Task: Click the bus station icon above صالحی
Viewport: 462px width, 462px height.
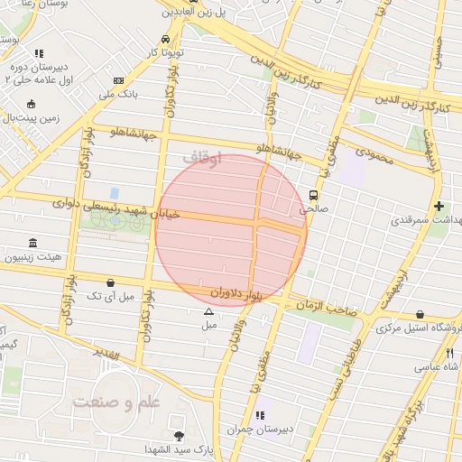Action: click(314, 195)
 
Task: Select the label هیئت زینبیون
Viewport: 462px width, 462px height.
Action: click(32, 257)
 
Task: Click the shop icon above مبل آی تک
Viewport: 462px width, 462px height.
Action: click(110, 282)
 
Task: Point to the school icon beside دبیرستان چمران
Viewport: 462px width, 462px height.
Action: click(260, 415)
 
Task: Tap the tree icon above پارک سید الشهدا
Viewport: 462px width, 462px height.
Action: click(179, 436)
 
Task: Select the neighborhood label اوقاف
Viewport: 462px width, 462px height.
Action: click(200, 157)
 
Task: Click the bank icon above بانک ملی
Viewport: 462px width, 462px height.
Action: click(119, 80)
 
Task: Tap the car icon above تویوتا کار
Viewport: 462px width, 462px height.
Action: click(165, 40)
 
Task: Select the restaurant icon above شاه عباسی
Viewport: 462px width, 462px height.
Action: click(449, 354)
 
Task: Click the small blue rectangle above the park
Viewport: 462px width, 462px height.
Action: click(115, 193)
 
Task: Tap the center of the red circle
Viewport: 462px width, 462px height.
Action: click(231, 231)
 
